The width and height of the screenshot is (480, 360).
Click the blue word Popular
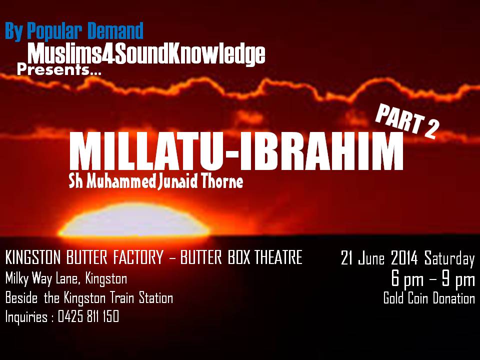coord(54,31)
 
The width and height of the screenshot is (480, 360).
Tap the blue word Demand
coord(115,30)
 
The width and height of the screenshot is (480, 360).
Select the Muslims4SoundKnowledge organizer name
coord(146,54)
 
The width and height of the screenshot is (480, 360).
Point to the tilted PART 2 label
coord(407,121)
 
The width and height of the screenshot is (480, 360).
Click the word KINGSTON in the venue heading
coord(33,257)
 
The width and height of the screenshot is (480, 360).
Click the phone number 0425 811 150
coord(88,317)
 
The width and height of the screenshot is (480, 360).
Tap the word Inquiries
coord(26,317)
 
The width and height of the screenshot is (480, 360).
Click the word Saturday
coord(449,259)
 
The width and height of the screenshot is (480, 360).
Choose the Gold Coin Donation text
coord(429,298)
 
